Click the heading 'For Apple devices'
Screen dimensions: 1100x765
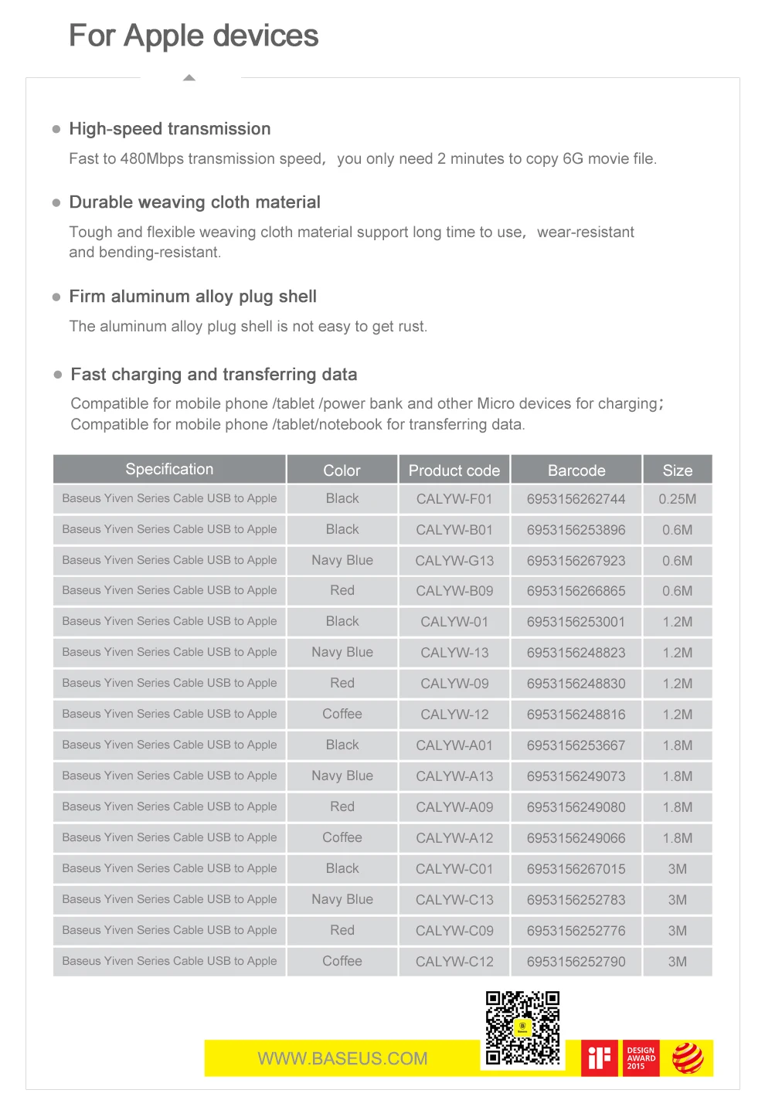pyautogui.click(x=193, y=36)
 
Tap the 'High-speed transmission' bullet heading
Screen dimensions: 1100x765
pyautogui.click(x=169, y=129)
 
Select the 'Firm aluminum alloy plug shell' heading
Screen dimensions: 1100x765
pyautogui.click(x=192, y=297)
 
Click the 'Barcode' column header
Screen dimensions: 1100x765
pyautogui.click(x=576, y=470)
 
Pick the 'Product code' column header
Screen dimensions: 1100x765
pyautogui.click(x=454, y=470)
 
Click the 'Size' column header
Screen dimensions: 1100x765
pyautogui.click(x=677, y=470)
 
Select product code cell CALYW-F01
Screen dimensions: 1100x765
pyautogui.click(x=454, y=499)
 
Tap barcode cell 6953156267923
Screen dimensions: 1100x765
pyautogui.click(x=576, y=561)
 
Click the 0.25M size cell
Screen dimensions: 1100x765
pyautogui.click(x=677, y=499)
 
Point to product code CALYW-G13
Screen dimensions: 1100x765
pyautogui.click(x=454, y=561)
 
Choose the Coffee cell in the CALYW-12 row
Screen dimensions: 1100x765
pyautogui.click(x=342, y=714)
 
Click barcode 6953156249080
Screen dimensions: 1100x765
pyautogui.click(x=576, y=807)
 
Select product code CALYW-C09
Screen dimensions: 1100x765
pyautogui.click(x=454, y=931)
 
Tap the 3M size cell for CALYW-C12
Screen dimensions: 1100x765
pyautogui.click(x=677, y=962)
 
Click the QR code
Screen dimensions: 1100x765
pyautogui.click(x=522, y=1029)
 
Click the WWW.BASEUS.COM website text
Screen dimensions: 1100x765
pyautogui.click(x=342, y=1059)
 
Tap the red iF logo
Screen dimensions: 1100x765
pyautogui.click(x=600, y=1058)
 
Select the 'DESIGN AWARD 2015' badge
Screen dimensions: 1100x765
pyautogui.click(x=641, y=1058)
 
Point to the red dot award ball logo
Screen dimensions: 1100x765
pyautogui.click(x=687, y=1058)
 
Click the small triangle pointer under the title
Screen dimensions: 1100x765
pyautogui.click(x=189, y=78)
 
